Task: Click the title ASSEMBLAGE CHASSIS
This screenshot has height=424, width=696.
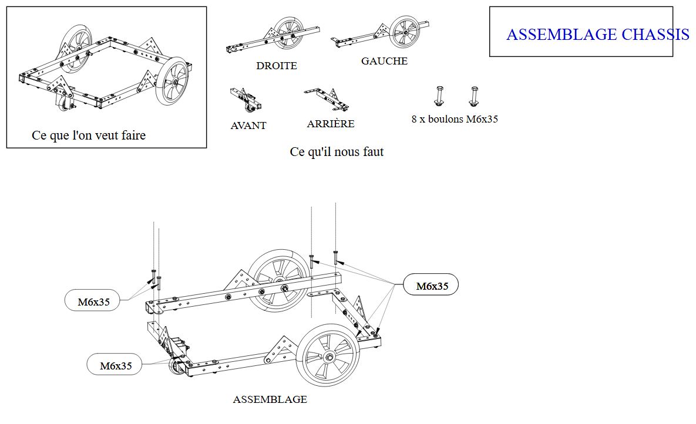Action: pos(597,35)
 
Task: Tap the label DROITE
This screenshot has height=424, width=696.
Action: pos(277,66)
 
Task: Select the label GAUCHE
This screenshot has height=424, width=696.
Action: pos(384,61)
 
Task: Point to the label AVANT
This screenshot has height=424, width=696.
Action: pos(248,125)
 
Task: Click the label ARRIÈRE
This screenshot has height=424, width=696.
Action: pos(331,124)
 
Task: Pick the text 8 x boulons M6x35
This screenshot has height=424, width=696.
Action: pos(455,119)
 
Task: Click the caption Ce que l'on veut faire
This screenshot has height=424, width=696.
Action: pos(89,135)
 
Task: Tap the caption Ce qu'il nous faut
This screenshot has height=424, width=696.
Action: pos(337,152)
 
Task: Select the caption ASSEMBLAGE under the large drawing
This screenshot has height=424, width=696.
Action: pos(270,399)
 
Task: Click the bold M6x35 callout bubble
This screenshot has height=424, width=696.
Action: pos(432,286)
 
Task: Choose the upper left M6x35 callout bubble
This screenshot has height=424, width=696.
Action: pos(94,302)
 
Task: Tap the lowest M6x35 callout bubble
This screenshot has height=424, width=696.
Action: pos(116,365)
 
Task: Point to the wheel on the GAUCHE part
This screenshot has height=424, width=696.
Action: pos(405,32)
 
